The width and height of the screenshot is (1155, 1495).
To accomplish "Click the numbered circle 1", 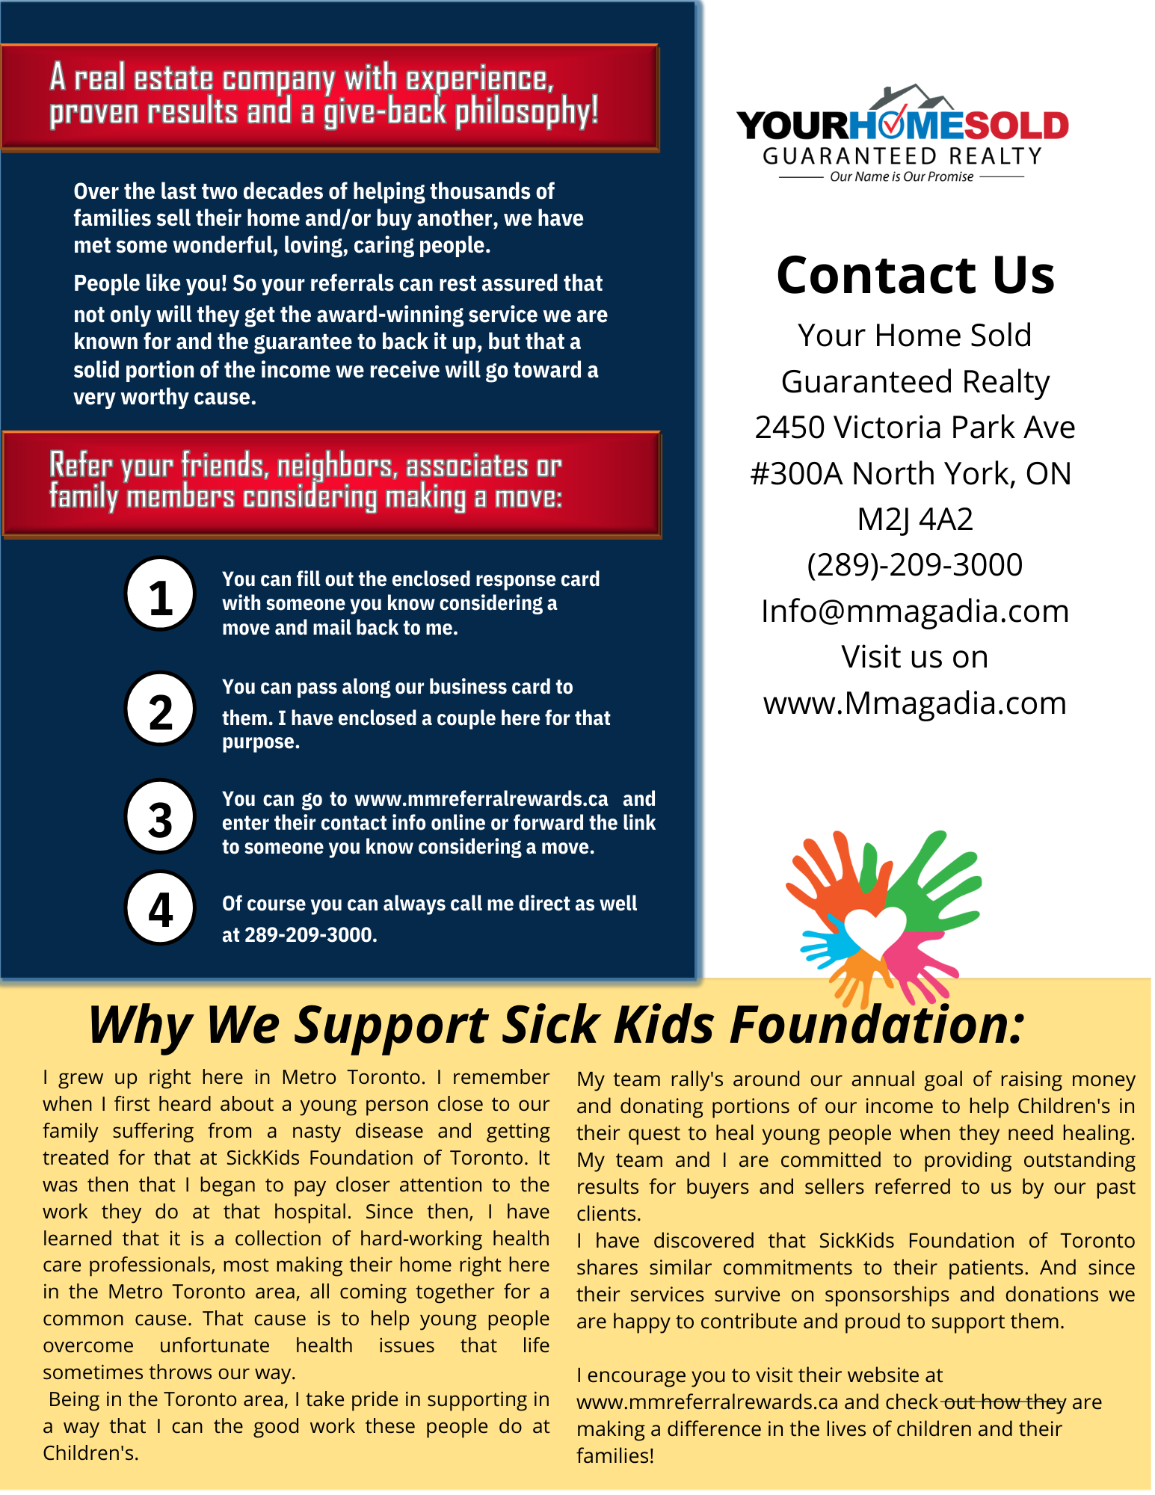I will (x=160, y=594).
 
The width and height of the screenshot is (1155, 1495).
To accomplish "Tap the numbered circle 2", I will (x=160, y=709).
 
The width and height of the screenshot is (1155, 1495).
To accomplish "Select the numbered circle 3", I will (x=160, y=817).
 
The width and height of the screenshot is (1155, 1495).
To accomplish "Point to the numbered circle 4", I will (x=160, y=908).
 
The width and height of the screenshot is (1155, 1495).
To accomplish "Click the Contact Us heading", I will (x=915, y=275).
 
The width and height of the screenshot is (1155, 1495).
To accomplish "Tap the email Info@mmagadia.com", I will (x=915, y=611).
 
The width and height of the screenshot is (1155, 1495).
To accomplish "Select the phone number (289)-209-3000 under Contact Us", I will (x=915, y=565).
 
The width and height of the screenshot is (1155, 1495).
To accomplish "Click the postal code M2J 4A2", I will (x=915, y=520).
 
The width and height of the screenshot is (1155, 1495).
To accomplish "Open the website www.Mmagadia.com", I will (x=915, y=703).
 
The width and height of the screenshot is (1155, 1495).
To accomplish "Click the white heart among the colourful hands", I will (x=875, y=931).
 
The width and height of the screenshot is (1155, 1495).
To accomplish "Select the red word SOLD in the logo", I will (x=1017, y=126).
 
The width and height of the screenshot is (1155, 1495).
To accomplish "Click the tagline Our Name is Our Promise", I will (x=902, y=177).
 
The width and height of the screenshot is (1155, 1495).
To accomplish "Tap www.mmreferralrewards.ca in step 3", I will (x=481, y=799).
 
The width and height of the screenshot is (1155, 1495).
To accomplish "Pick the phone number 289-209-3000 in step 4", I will (x=310, y=935).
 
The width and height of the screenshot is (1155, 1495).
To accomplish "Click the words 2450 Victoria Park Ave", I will (x=915, y=428).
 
